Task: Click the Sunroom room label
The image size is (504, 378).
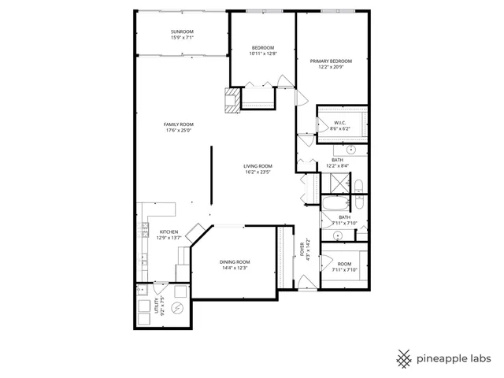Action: coord(182,32)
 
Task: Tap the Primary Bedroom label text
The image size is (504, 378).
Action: coord(330,61)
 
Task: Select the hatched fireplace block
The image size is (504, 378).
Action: coord(232,100)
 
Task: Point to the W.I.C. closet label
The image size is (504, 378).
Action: coord(340,122)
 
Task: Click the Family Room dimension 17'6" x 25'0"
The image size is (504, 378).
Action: coord(179,131)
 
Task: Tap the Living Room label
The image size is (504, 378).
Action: coord(258,166)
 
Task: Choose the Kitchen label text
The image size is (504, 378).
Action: coord(169,232)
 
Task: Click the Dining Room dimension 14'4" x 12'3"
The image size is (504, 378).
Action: coord(234,269)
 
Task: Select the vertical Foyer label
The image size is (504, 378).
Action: coord(302,249)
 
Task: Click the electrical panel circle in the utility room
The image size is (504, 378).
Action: coord(178,308)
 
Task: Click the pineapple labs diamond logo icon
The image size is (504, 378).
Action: coord(405,358)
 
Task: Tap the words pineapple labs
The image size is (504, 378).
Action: coord(454,358)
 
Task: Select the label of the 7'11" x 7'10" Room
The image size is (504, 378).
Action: coord(344,265)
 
